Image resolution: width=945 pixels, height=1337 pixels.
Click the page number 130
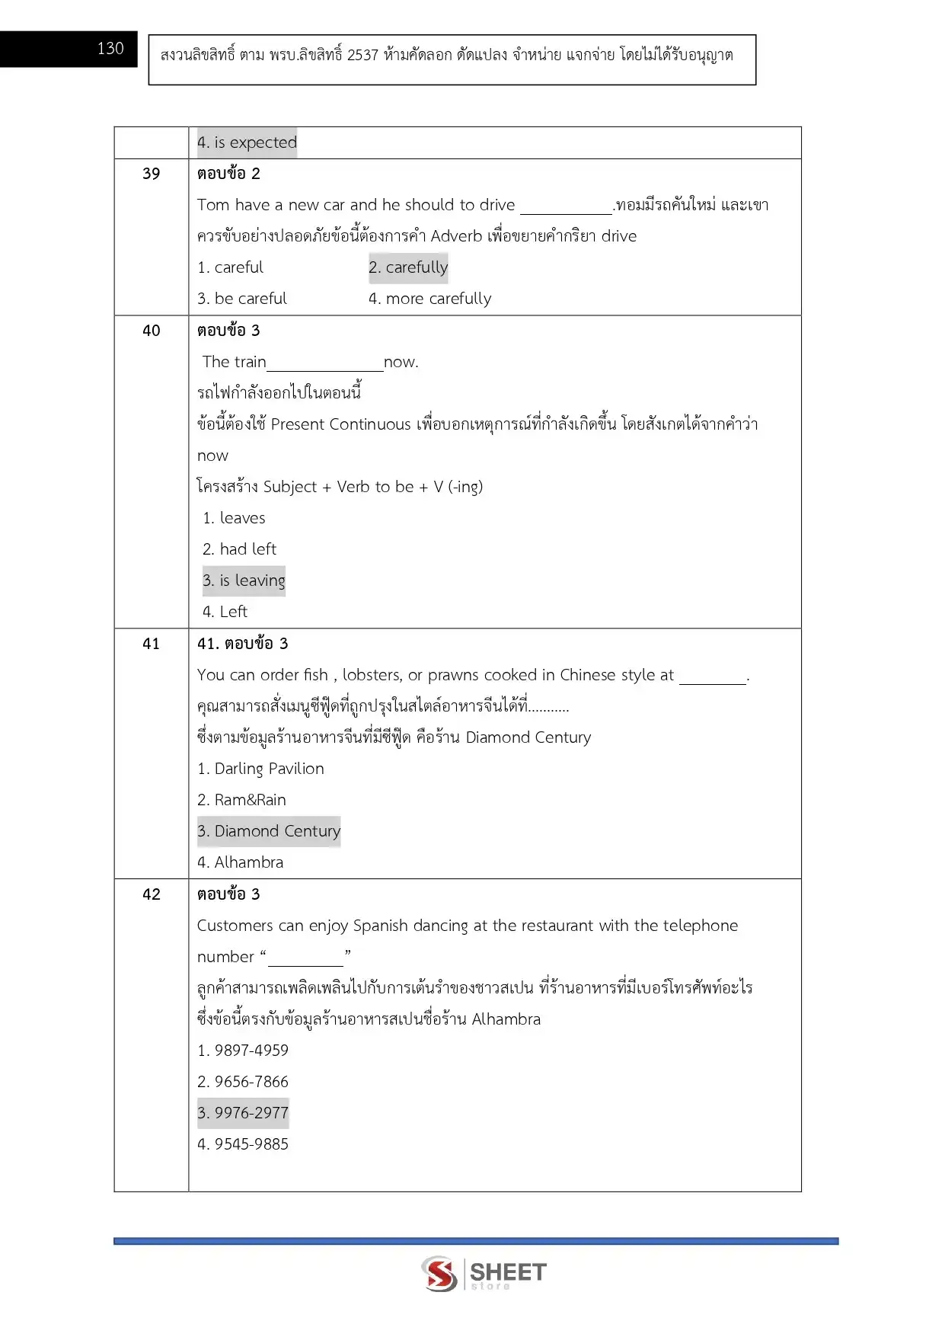point(110,49)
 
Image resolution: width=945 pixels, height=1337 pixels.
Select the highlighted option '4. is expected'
point(247,142)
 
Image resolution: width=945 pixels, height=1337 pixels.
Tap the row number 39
point(152,174)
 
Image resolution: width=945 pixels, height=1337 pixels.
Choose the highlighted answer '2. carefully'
point(408,267)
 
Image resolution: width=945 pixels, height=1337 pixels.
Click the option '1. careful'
point(230,267)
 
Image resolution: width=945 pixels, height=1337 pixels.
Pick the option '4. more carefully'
point(429,299)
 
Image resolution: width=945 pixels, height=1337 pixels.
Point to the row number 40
point(152,331)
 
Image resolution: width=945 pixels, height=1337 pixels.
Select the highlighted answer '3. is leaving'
point(244,581)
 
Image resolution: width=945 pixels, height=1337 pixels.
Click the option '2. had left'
point(239,549)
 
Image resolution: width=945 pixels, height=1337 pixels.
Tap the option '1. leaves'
point(234,518)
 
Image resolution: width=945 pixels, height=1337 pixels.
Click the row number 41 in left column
point(152,644)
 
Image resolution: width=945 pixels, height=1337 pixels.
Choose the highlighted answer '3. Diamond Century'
point(269,831)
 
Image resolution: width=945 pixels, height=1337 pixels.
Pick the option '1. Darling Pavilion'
point(260,769)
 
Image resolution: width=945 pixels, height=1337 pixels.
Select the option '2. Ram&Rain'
point(241,800)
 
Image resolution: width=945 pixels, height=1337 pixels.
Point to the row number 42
point(152,894)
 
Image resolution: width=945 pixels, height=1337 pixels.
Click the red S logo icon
point(439,1274)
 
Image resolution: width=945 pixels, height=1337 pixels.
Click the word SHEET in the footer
point(508,1271)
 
